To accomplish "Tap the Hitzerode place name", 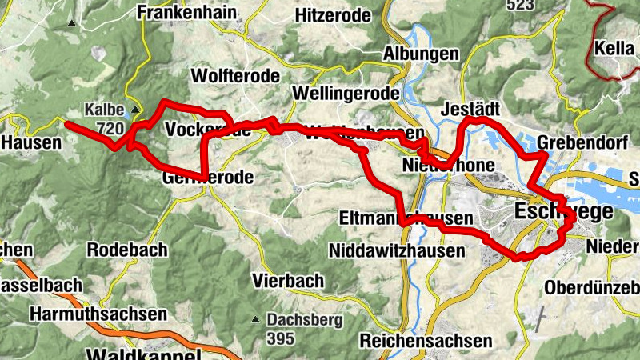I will (x=333, y=15).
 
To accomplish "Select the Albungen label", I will (x=422, y=54).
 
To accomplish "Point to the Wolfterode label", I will (x=236, y=76).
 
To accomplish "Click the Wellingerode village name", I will (x=346, y=93).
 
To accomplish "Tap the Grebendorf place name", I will (x=576, y=143).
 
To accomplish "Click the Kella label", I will (x=614, y=48).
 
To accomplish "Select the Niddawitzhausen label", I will (x=397, y=251).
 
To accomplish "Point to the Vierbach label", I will (x=288, y=281).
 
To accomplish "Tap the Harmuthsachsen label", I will (x=98, y=314).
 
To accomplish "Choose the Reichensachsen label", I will (x=426, y=340).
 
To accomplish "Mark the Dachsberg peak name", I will (x=305, y=320).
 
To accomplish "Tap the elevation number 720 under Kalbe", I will (x=110, y=128).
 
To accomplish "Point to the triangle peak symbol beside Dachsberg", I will (x=254, y=318).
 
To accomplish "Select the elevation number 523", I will (x=520, y=5).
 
